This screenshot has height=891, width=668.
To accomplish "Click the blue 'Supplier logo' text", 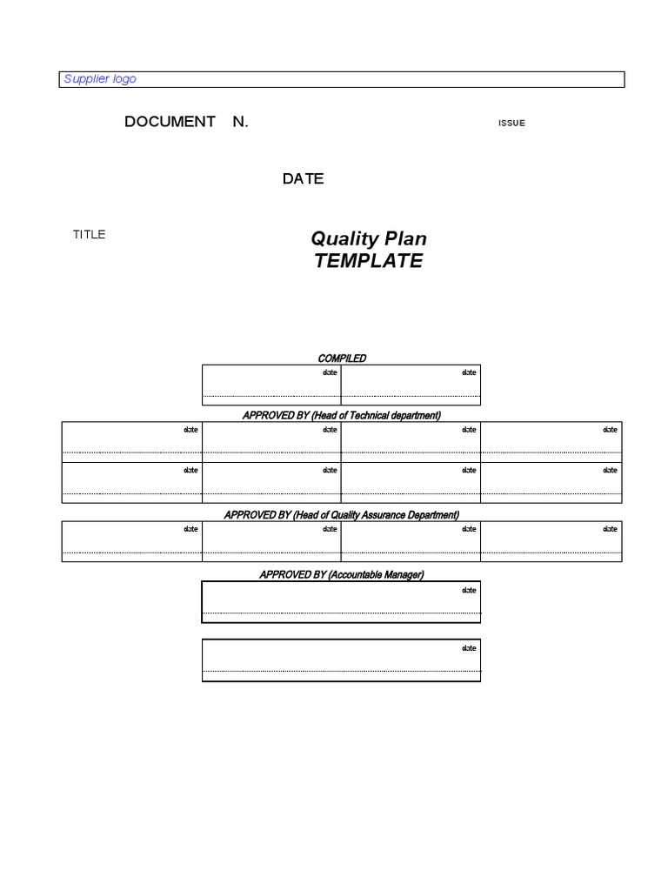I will click(100, 79).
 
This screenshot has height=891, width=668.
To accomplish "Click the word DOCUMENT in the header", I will click(170, 122).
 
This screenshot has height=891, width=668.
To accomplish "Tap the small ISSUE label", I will click(511, 123).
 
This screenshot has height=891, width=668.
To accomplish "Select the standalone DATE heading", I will click(303, 178).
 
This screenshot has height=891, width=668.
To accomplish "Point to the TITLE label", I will click(89, 234).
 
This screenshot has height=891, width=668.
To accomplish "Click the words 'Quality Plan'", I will click(369, 238).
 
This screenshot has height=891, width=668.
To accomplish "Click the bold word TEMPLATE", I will click(369, 261).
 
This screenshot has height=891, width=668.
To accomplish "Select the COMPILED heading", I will click(342, 358).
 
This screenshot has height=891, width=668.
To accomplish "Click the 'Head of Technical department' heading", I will click(341, 415).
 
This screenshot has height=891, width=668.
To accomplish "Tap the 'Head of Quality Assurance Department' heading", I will click(341, 514).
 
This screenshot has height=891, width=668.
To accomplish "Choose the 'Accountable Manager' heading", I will click(341, 574).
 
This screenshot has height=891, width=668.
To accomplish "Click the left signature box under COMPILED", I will click(271, 385).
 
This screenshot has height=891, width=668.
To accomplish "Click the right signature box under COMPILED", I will click(411, 385).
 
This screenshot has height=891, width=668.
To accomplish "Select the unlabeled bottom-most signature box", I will click(341, 660).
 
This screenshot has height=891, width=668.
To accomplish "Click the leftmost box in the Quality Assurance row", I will click(131, 541).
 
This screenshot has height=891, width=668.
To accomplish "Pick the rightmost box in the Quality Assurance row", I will click(551, 541).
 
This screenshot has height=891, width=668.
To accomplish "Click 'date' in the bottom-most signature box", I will click(469, 648).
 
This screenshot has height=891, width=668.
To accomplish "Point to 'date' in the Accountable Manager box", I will click(469, 590).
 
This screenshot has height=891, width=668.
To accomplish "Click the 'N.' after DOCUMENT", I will click(240, 122).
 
